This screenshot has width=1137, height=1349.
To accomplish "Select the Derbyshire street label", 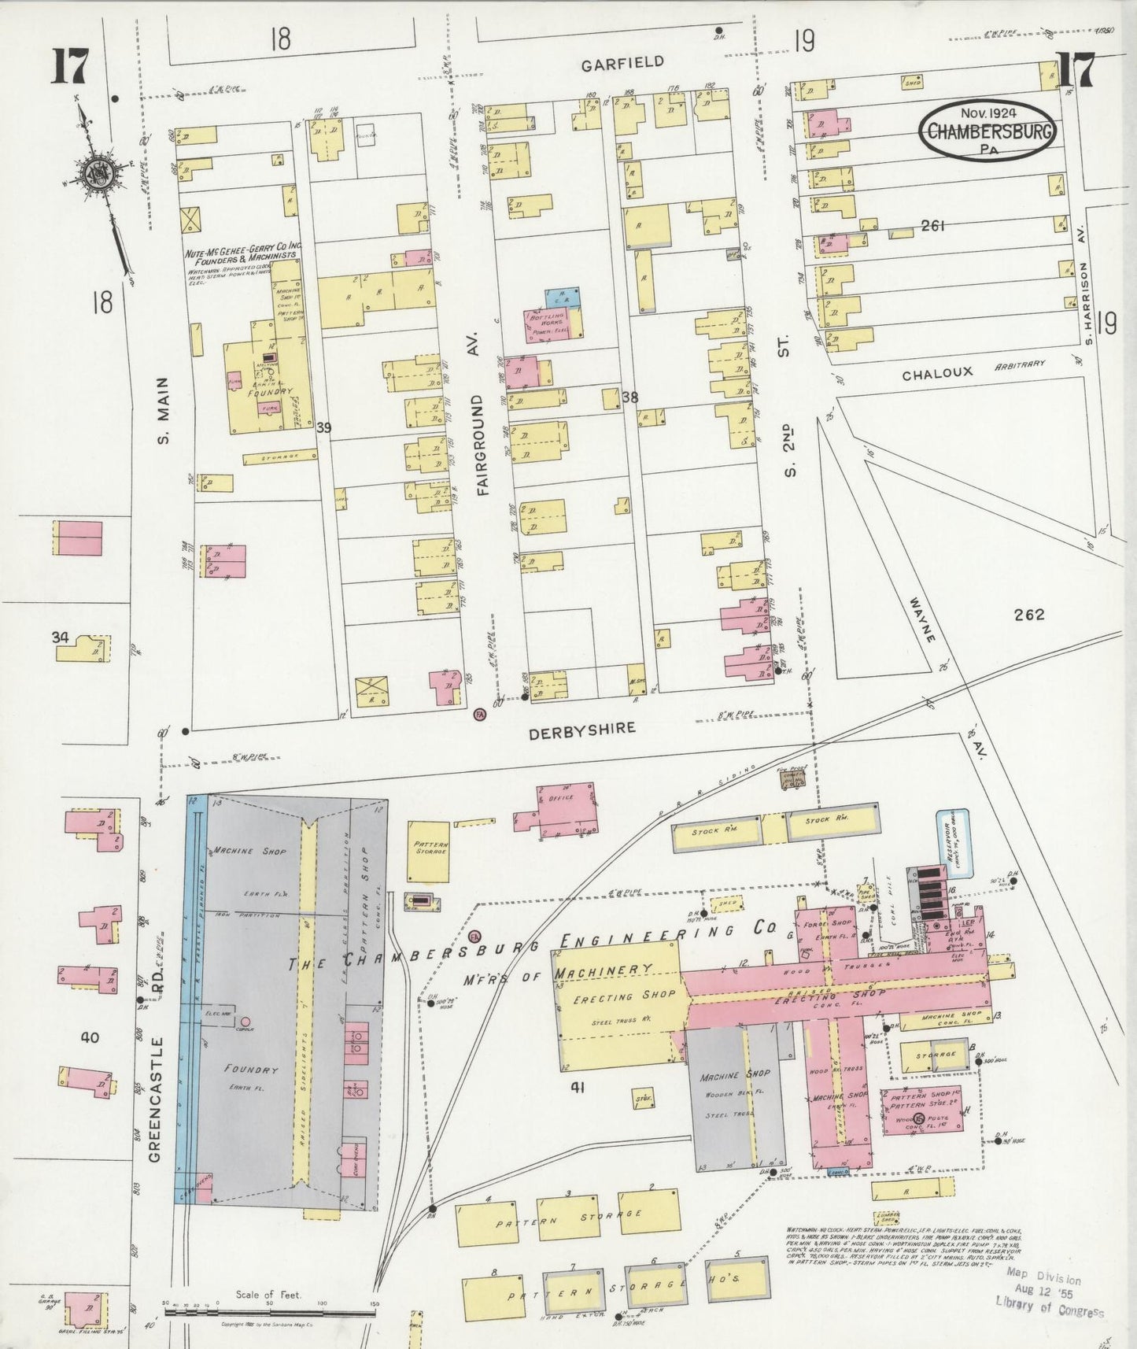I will click(x=581, y=729).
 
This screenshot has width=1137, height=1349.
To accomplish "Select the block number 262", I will click(x=1029, y=615).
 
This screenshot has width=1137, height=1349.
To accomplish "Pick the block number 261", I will click(x=932, y=227).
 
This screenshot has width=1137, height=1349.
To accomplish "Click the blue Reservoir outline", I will click(x=952, y=843).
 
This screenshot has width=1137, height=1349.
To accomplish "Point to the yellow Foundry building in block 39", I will click(x=265, y=390).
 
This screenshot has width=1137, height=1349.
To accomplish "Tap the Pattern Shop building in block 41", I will click(x=922, y=1111).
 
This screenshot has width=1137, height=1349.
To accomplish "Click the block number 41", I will click(x=578, y=1088).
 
